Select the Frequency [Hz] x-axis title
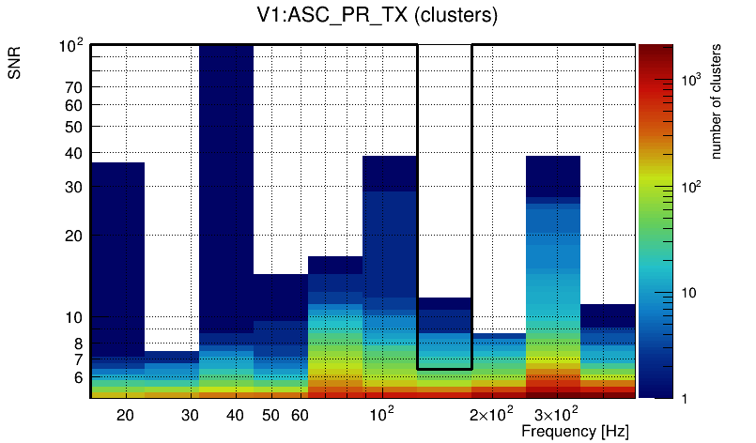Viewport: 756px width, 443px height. [575, 431]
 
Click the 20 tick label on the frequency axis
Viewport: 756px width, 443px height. [126, 415]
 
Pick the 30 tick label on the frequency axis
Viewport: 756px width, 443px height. [190, 415]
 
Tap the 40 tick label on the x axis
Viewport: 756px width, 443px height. [235, 415]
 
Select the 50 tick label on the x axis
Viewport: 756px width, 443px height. [270, 415]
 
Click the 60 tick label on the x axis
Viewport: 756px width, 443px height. [299, 415]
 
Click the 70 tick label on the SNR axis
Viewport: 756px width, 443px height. [74, 87]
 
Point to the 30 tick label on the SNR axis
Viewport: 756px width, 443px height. [74, 187]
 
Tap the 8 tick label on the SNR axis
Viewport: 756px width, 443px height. [79, 344]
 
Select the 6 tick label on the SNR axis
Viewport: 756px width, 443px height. [79, 377]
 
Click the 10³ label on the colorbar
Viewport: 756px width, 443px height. [691, 82]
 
